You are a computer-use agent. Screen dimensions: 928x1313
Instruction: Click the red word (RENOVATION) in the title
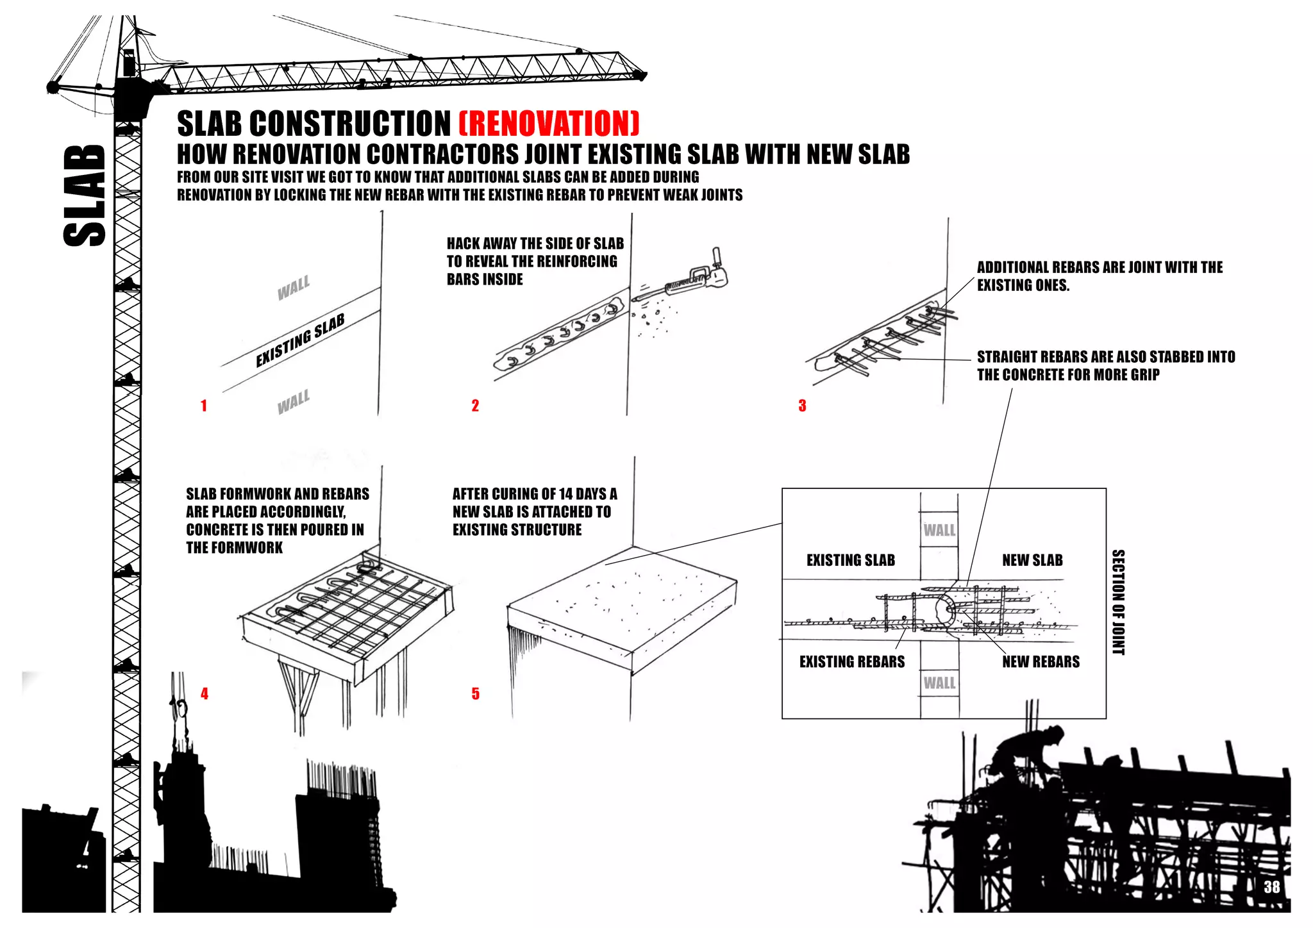click(x=549, y=124)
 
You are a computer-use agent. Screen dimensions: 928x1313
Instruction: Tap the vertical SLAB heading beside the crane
click(x=85, y=195)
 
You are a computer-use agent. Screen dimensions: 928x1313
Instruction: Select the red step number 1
click(x=204, y=406)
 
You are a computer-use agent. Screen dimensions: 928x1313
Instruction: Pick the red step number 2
click(x=475, y=406)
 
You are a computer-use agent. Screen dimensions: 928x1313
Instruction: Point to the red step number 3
click(x=802, y=406)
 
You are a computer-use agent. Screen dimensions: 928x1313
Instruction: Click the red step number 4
click(x=205, y=693)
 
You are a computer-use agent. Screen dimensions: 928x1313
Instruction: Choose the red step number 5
click(x=475, y=693)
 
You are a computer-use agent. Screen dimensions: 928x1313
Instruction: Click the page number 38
click(x=1271, y=887)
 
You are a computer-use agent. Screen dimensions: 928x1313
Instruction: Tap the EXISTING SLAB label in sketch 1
click(x=300, y=340)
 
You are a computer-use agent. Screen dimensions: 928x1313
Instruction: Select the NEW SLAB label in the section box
click(x=1032, y=560)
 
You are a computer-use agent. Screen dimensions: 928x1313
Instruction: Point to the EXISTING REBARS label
click(x=851, y=662)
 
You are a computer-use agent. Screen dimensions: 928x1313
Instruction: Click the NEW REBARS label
click(x=1041, y=662)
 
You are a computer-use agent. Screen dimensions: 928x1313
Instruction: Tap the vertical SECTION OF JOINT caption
click(x=1118, y=602)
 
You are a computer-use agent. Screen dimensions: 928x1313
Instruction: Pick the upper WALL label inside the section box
click(x=939, y=530)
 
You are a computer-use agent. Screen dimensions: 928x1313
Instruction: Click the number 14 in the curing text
click(x=565, y=494)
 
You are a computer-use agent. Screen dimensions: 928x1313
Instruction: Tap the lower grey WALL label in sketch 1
click(x=294, y=402)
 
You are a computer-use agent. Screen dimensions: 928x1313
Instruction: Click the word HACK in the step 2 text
click(x=463, y=244)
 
